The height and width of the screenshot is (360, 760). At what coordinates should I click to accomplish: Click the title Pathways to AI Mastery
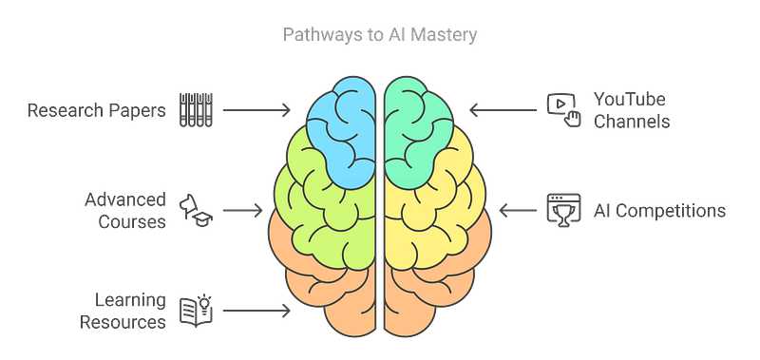click(379, 36)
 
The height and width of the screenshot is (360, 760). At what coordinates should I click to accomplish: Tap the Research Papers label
click(97, 110)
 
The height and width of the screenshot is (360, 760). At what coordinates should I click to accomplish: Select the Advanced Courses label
click(132, 209)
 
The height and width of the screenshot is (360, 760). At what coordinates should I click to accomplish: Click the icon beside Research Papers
click(194, 110)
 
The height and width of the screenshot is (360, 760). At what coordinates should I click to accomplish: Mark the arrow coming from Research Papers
click(256, 110)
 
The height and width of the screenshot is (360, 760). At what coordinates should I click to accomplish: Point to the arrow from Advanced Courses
click(246, 209)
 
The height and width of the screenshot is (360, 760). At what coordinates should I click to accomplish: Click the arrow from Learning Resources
click(256, 310)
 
